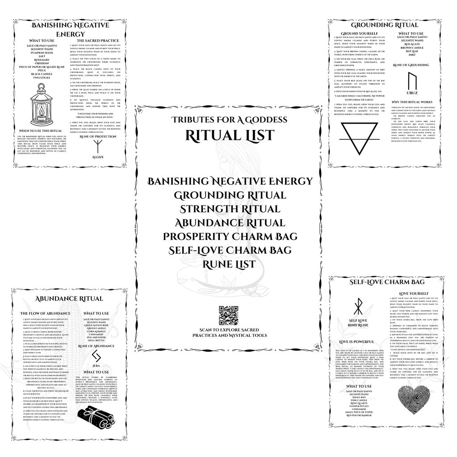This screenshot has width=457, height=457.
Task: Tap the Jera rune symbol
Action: [x=96, y=356]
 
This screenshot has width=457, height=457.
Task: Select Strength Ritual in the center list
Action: [x=230, y=209]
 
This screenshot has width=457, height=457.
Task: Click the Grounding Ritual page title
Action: [x=385, y=25]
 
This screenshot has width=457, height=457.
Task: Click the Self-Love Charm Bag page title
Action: [x=386, y=282]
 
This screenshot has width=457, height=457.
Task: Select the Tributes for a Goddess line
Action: [x=230, y=120]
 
